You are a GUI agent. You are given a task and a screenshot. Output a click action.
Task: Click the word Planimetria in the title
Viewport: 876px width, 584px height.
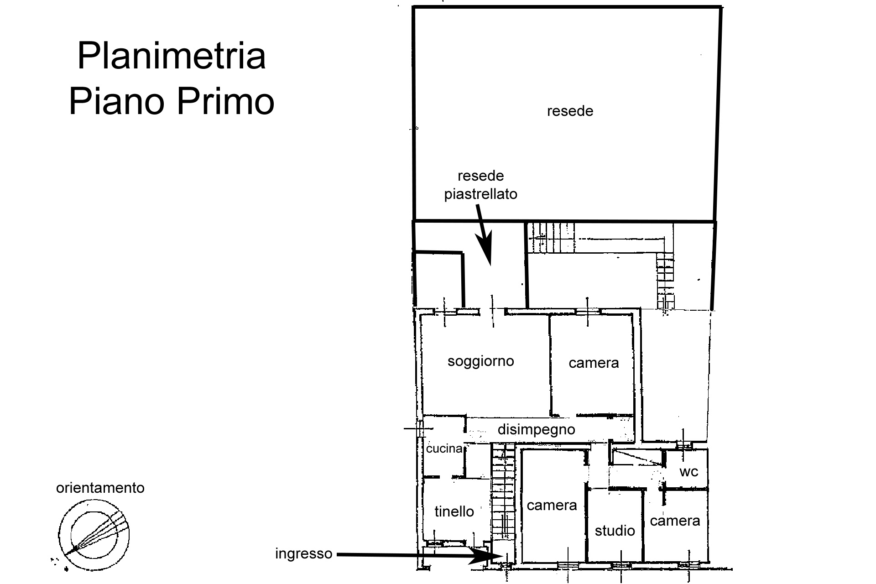click(x=172, y=56)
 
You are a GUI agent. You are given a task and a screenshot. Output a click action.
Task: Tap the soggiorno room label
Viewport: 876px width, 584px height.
click(x=480, y=361)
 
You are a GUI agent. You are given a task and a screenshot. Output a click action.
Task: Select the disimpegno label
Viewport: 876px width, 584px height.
click(x=536, y=429)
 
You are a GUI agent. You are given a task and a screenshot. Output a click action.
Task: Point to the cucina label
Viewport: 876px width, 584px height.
click(x=444, y=448)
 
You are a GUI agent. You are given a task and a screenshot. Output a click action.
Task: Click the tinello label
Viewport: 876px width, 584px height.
click(x=454, y=511)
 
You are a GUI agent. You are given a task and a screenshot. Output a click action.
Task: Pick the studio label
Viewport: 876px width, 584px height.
click(x=615, y=531)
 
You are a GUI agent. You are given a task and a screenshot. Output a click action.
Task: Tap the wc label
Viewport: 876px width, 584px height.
click(x=688, y=471)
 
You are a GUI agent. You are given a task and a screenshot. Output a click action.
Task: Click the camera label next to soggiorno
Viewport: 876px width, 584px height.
click(x=594, y=363)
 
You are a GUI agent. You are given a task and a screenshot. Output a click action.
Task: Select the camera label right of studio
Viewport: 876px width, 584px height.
click(x=675, y=521)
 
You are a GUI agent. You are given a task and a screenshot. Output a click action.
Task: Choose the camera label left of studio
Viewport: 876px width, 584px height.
click(x=552, y=506)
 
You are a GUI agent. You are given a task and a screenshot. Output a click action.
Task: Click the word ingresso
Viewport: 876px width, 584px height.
click(x=303, y=554)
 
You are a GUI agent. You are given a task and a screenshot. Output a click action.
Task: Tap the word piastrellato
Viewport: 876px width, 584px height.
click(x=481, y=194)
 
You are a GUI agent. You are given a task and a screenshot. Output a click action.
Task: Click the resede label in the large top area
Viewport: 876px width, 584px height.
click(x=570, y=111)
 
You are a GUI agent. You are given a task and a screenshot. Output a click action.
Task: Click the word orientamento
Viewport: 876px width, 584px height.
click(x=100, y=488)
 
